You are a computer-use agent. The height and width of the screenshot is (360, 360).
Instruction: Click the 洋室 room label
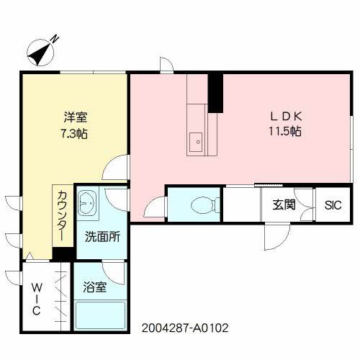pos(74,117)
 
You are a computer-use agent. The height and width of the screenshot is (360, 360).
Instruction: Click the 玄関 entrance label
pos(283,204)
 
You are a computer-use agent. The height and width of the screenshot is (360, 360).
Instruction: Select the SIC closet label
pos(333,204)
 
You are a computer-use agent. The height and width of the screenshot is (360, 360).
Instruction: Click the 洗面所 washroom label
pos(102,235)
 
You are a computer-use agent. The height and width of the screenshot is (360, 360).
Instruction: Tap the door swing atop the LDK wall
pos(166,67)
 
